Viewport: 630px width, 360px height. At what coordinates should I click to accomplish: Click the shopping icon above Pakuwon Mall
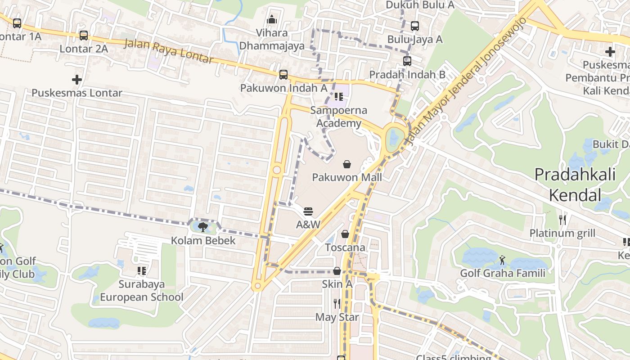pos(347,164)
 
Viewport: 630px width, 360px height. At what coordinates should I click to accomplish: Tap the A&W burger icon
pos(308,211)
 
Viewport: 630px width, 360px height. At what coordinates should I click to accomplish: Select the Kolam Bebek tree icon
pos(203,227)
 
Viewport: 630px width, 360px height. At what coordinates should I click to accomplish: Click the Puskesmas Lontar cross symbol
pos(77,80)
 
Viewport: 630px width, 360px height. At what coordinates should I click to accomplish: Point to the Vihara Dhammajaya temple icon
pos(272,19)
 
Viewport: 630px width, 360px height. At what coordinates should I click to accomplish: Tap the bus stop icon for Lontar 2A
pos(84,35)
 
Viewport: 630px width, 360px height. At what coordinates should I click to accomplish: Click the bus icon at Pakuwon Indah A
pos(283,75)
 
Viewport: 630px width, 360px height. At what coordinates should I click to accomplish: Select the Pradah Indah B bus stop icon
pos(407,61)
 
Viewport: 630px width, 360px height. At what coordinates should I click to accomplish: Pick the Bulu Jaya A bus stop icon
pos(415,26)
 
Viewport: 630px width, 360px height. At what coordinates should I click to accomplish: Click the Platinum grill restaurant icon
pos(562,220)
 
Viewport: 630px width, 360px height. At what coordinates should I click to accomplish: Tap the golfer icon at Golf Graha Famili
pos(502,260)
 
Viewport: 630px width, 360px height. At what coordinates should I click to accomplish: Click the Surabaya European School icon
pos(142,271)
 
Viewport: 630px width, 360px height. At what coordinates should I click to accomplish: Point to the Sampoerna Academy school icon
pos(339,97)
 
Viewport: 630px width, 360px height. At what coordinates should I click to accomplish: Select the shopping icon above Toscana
pos(345,234)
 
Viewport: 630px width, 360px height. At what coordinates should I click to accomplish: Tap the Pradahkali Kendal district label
pos(575,184)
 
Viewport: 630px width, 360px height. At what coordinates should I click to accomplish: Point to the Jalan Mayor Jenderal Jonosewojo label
pos(466,81)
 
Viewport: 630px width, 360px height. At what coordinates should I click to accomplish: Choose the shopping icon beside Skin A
pos(337,271)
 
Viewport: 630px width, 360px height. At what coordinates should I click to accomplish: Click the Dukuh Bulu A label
pos(420,5)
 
